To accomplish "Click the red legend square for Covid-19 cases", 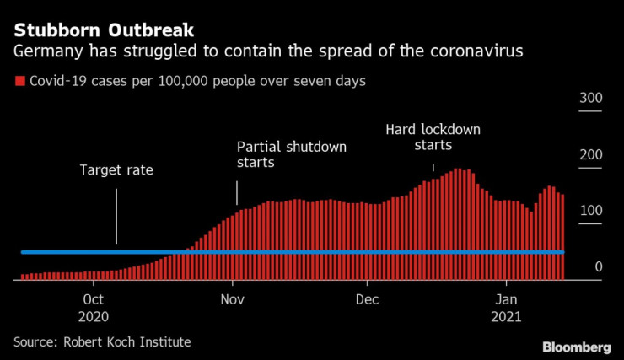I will tap(19, 83).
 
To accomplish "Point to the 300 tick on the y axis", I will tap(590, 99).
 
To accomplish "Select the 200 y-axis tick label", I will tap(590, 155).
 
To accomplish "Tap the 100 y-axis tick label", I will tap(590, 211).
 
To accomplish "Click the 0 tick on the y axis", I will tap(598, 267).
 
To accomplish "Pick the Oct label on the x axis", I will tap(94, 299).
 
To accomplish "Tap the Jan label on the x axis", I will tap(505, 299).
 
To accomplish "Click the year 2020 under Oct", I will tap(94, 317).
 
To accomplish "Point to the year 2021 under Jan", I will tap(505, 317).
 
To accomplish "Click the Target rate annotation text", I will tap(116, 169).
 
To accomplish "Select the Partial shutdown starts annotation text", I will tap(292, 154).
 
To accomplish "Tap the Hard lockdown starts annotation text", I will tap(433, 137).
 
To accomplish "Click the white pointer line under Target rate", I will tap(116, 216).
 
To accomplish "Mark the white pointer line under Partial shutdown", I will tap(237, 193).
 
